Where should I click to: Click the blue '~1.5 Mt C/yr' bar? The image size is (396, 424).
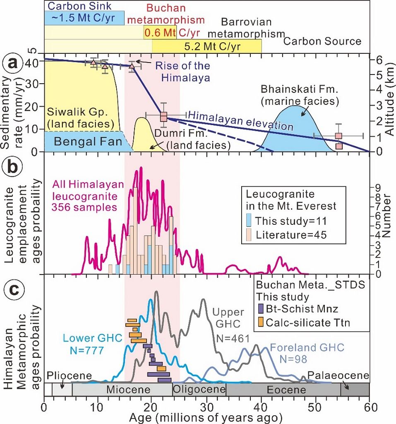coord(84,18)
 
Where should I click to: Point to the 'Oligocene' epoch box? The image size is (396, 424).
coord(199,390)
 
